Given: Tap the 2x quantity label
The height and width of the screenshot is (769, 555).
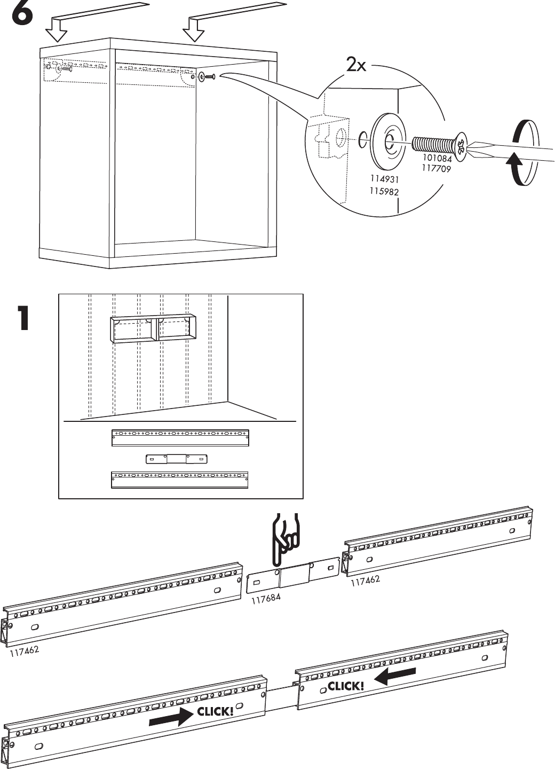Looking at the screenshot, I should click(x=356, y=66).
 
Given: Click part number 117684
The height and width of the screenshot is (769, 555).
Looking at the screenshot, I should click(x=266, y=600).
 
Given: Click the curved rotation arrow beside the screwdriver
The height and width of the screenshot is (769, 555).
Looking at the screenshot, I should click(x=521, y=155).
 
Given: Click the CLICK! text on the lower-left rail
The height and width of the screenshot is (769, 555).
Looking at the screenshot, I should click(x=215, y=711).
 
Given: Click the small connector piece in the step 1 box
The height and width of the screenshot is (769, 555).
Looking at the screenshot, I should click(x=176, y=459).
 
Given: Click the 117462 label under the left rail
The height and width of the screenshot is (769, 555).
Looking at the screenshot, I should click(x=23, y=652).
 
